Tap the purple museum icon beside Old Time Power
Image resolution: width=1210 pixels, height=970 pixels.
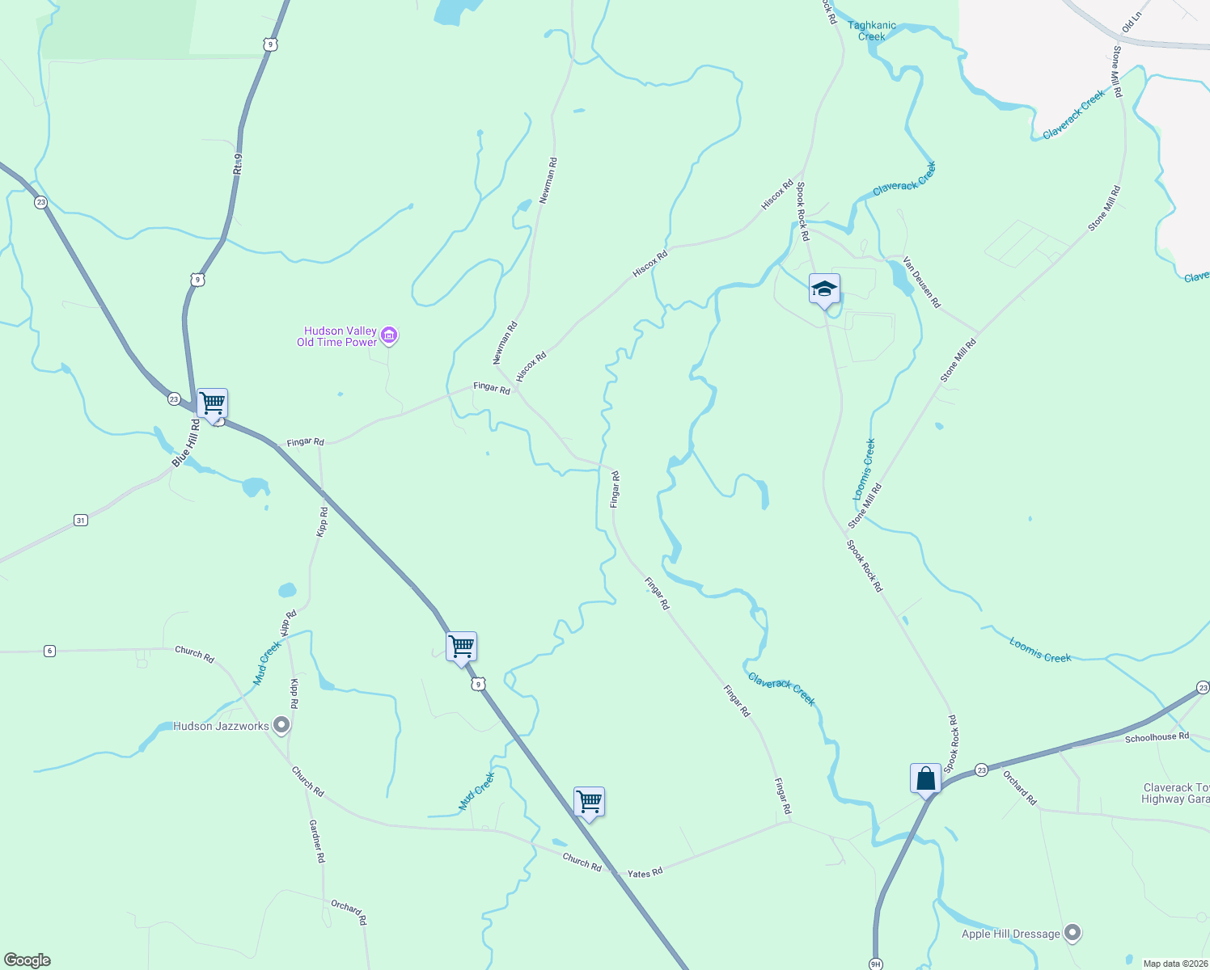click(389, 335)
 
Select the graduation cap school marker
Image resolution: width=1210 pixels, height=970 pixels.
click(824, 289)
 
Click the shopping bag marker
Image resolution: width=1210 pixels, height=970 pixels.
click(925, 779)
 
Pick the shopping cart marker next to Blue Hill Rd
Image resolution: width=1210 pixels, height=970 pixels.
click(212, 403)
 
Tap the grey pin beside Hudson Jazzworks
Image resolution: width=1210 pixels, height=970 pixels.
click(281, 725)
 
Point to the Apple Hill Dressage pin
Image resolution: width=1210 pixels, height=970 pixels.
click(1072, 933)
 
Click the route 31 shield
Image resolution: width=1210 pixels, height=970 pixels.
click(80, 521)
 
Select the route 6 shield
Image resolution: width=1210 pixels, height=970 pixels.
click(49, 651)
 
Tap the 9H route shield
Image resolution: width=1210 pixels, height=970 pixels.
click(875, 964)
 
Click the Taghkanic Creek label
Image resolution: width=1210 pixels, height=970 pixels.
click(871, 31)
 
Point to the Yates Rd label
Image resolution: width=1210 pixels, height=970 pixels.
click(645, 873)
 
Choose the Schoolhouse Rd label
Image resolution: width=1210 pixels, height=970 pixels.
click(1157, 737)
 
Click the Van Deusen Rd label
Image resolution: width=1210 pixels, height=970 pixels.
click(922, 282)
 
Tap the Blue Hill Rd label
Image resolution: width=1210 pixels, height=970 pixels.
click(186, 443)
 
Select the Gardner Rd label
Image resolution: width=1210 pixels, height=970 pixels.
click(316, 841)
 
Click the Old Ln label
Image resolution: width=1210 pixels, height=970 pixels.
click(1132, 22)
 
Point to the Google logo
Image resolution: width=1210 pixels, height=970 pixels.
click(27, 960)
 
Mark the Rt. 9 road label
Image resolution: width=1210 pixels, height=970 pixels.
click(237, 164)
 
